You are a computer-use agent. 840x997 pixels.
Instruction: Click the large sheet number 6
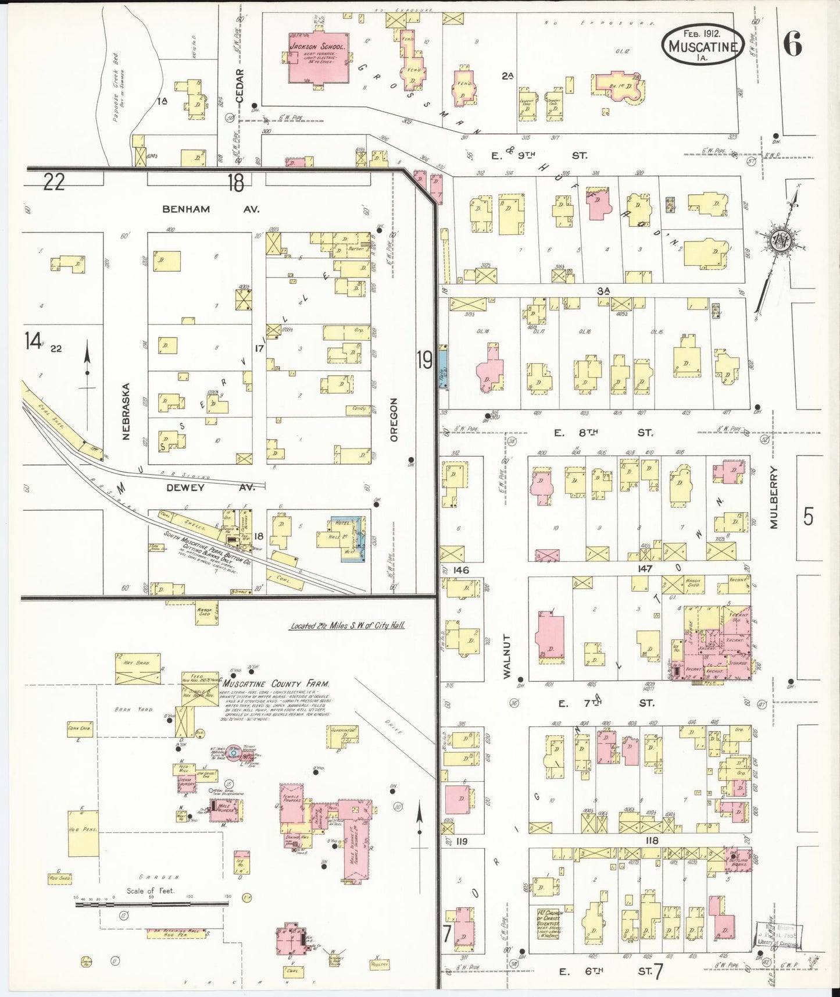tap(793, 43)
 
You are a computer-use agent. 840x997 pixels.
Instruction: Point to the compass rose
tap(780, 240)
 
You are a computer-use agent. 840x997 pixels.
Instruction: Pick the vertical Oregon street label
tap(394, 419)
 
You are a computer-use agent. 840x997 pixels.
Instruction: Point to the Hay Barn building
tap(138, 671)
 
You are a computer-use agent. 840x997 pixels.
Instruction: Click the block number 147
tap(645, 569)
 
